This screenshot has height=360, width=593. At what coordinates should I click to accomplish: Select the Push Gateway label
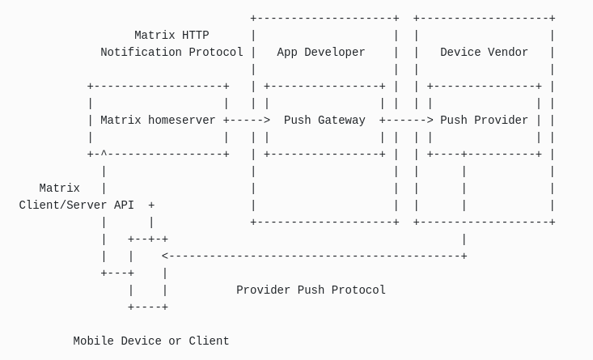(x=324, y=121)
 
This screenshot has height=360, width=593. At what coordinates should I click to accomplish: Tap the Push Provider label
(x=484, y=121)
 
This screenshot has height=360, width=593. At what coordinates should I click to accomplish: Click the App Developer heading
(x=321, y=53)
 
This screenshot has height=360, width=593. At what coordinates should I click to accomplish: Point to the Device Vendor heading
(x=484, y=53)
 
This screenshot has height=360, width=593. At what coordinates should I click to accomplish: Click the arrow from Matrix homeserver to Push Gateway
(x=247, y=121)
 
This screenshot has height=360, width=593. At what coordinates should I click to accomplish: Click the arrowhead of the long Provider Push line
(x=165, y=256)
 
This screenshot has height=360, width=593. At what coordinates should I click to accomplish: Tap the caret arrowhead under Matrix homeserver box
(x=104, y=154)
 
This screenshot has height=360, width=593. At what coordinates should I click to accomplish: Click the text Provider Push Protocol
(x=311, y=290)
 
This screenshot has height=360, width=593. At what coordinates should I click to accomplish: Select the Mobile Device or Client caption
(x=151, y=341)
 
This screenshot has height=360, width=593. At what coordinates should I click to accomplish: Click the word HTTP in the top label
(x=195, y=36)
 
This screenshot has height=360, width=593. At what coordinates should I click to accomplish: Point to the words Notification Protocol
(x=172, y=53)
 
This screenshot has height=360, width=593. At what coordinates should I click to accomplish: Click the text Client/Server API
(x=77, y=205)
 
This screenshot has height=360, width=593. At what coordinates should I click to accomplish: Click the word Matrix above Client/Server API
(x=60, y=188)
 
